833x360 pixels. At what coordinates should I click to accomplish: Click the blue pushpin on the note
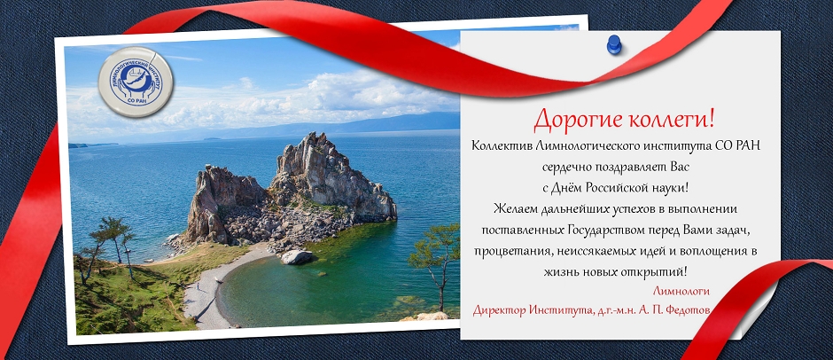[x=614, y=44]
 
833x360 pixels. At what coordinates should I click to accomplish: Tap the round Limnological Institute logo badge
[x=136, y=82]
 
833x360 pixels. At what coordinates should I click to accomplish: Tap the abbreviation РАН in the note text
[x=748, y=145]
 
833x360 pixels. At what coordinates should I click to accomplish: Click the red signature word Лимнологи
[x=681, y=291]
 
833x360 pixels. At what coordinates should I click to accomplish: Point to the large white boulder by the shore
[x=297, y=257]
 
